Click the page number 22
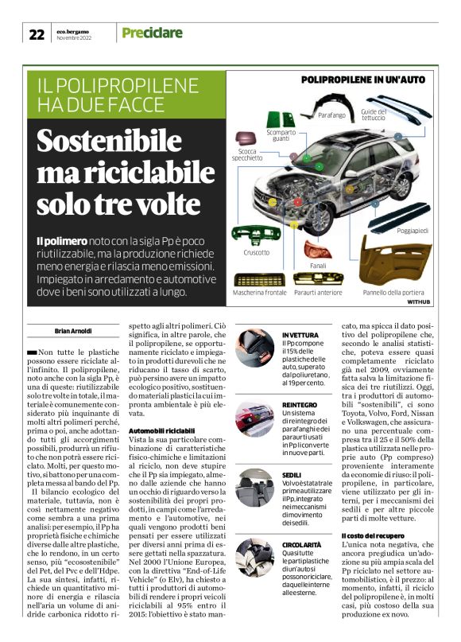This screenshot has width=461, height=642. click(37, 34)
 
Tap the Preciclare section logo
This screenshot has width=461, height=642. click(151, 33)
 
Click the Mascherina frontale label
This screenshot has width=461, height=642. click(261, 294)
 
